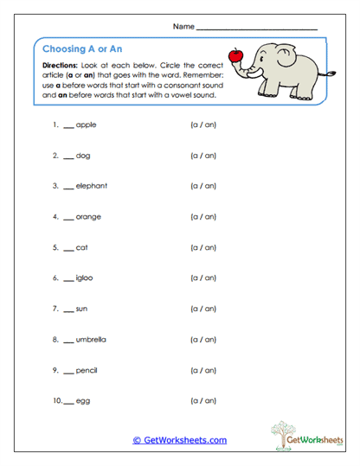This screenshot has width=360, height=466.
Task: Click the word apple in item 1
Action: (87, 125)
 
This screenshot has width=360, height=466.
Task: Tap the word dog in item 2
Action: (83, 156)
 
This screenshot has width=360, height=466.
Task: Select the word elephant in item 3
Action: (92, 187)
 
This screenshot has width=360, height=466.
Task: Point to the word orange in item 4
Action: (89, 217)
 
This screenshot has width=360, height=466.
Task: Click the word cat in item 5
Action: (82, 248)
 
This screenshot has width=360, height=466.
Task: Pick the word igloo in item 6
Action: (86, 278)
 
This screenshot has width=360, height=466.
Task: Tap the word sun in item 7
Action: (82, 309)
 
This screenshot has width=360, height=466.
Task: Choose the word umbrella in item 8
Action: (93, 340)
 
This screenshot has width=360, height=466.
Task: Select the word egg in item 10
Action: (83, 401)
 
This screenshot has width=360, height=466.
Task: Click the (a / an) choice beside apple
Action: (202, 125)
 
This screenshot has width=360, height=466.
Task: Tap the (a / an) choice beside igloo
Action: (202, 278)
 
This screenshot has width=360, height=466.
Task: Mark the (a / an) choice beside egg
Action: (202, 401)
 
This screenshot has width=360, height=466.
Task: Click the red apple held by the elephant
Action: (234, 57)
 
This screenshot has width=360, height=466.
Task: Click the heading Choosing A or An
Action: (83, 48)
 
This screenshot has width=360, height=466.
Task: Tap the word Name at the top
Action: (183, 28)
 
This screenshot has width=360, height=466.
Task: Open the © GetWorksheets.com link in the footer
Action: (179, 440)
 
